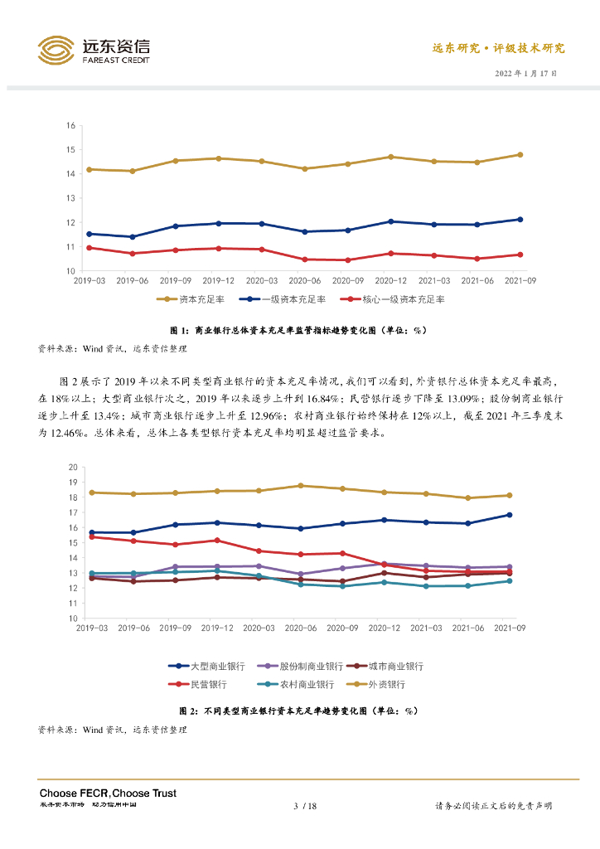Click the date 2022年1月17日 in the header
[x=525, y=73]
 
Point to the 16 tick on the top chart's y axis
[x=71, y=125]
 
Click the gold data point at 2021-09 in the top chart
[x=520, y=154]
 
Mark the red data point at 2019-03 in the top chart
[x=89, y=247]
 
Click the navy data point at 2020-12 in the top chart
[x=390, y=221]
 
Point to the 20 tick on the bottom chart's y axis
[x=72, y=467]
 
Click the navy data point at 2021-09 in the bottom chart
[x=509, y=515]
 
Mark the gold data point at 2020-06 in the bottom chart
[x=301, y=486]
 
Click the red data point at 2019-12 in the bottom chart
[x=217, y=541]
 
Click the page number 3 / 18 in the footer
[x=306, y=806]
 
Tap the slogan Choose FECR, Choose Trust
[x=108, y=793]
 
